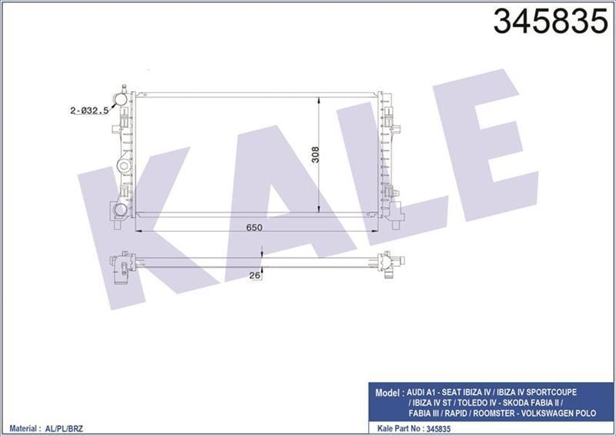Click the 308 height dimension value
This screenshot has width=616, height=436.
point(315,153)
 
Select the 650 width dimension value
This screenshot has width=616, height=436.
point(255,227)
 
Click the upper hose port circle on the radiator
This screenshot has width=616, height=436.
point(119,98)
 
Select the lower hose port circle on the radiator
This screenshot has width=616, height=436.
point(119,210)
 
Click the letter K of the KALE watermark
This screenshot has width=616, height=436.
point(135,223)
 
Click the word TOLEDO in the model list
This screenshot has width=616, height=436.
point(475,401)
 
